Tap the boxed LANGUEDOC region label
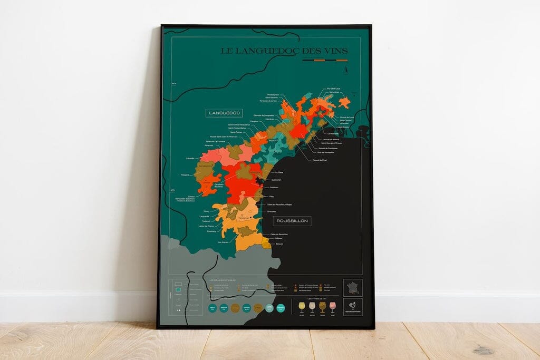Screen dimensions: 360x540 pyautogui.click(x=224, y=113)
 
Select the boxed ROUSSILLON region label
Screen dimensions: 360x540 pyautogui.click(x=292, y=221)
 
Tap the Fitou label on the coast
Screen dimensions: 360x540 pyautogui.click(x=272, y=197)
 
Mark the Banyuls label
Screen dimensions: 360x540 pyautogui.click(x=279, y=244)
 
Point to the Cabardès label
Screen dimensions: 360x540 pyautogui.click(x=190, y=158)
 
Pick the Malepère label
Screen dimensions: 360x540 pyautogui.click(x=185, y=174)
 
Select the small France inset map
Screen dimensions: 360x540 pyautogui.click(x=352, y=288)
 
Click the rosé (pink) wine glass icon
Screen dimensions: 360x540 pyautogui.click(x=332, y=307)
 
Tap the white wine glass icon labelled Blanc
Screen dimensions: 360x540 pyautogui.click(x=302, y=307)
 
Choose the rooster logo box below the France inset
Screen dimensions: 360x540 pyautogui.click(x=352, y=307)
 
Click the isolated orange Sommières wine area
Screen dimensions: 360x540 pyautogui.click(x=344, y=102)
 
